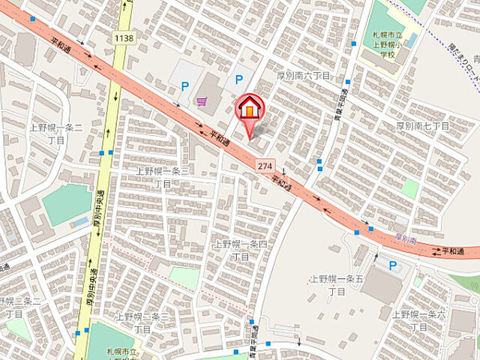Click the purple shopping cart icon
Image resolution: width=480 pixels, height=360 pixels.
point(201,100)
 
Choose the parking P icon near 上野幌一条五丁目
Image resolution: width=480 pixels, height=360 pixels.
point(392,264)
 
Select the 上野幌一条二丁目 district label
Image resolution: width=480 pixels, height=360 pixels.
point(46,133)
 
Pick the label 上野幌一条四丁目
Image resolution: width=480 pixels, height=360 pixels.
point(240,250)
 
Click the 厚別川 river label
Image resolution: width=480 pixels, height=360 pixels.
point(406,240)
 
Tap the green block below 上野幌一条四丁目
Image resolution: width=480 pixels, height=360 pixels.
point(184,277)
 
